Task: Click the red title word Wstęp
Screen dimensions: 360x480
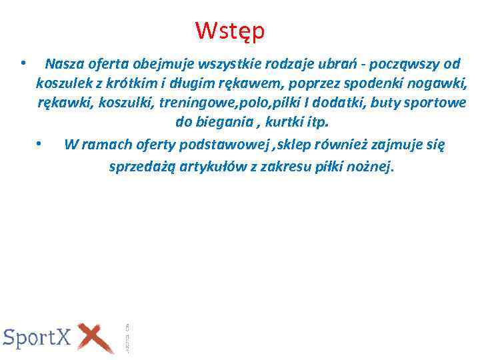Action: click(231, 31)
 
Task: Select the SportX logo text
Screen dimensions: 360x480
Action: click(37, 337)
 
